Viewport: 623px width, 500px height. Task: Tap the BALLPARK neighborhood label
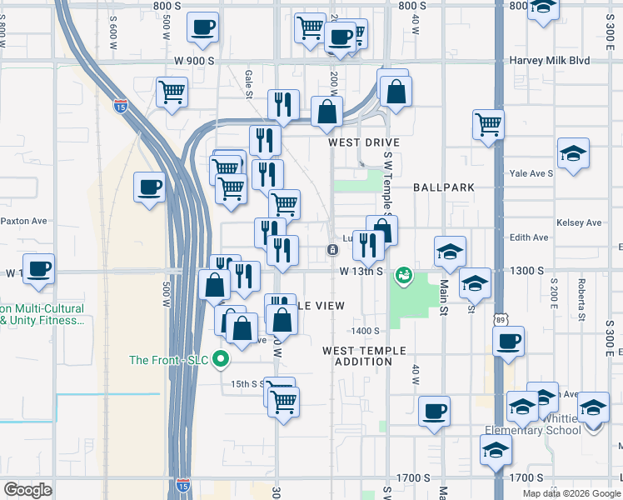point(441,187)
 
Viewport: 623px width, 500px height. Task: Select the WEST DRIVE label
point(364,142)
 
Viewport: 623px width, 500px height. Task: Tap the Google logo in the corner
point(28,489)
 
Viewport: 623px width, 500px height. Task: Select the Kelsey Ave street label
point(581,222)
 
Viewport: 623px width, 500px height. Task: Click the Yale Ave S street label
point(531,173)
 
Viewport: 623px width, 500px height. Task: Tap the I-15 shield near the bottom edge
point(182,484)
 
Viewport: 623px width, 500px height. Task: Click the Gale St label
point(248,83)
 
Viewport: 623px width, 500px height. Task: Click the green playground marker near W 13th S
point(404,275)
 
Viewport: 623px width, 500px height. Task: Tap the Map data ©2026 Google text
point(571,493)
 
